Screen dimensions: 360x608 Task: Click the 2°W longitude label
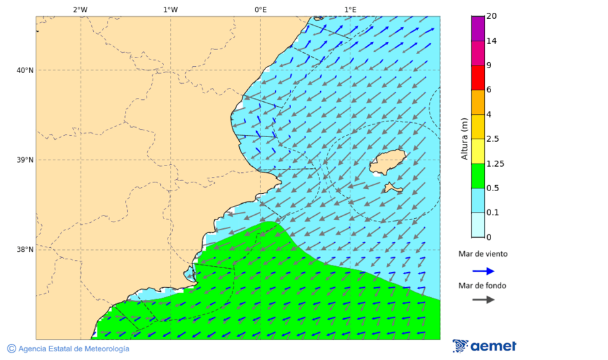pos(80,9)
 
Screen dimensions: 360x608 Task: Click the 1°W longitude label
pos(170,9)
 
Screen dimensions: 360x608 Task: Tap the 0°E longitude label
pos(260,9)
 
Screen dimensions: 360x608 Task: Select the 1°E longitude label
pos(350,9)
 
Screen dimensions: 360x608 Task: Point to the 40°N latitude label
pos(24,70)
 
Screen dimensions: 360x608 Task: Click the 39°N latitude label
pos(24,160)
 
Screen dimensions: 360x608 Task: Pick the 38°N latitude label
pos(24,250)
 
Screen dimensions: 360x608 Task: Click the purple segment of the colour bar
pos(478,28)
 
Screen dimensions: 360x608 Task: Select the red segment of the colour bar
pos(478,78)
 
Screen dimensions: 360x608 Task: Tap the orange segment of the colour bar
pos(478,102)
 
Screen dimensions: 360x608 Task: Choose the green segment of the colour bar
pos(478,176)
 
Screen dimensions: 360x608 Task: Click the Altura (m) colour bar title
pos(464,138)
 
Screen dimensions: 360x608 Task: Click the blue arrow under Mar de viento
pos(483,271)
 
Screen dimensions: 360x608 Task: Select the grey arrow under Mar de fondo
pos(483,300)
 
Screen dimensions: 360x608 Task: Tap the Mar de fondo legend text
pos(482,286)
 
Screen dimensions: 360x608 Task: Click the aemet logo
pos(484,346)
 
